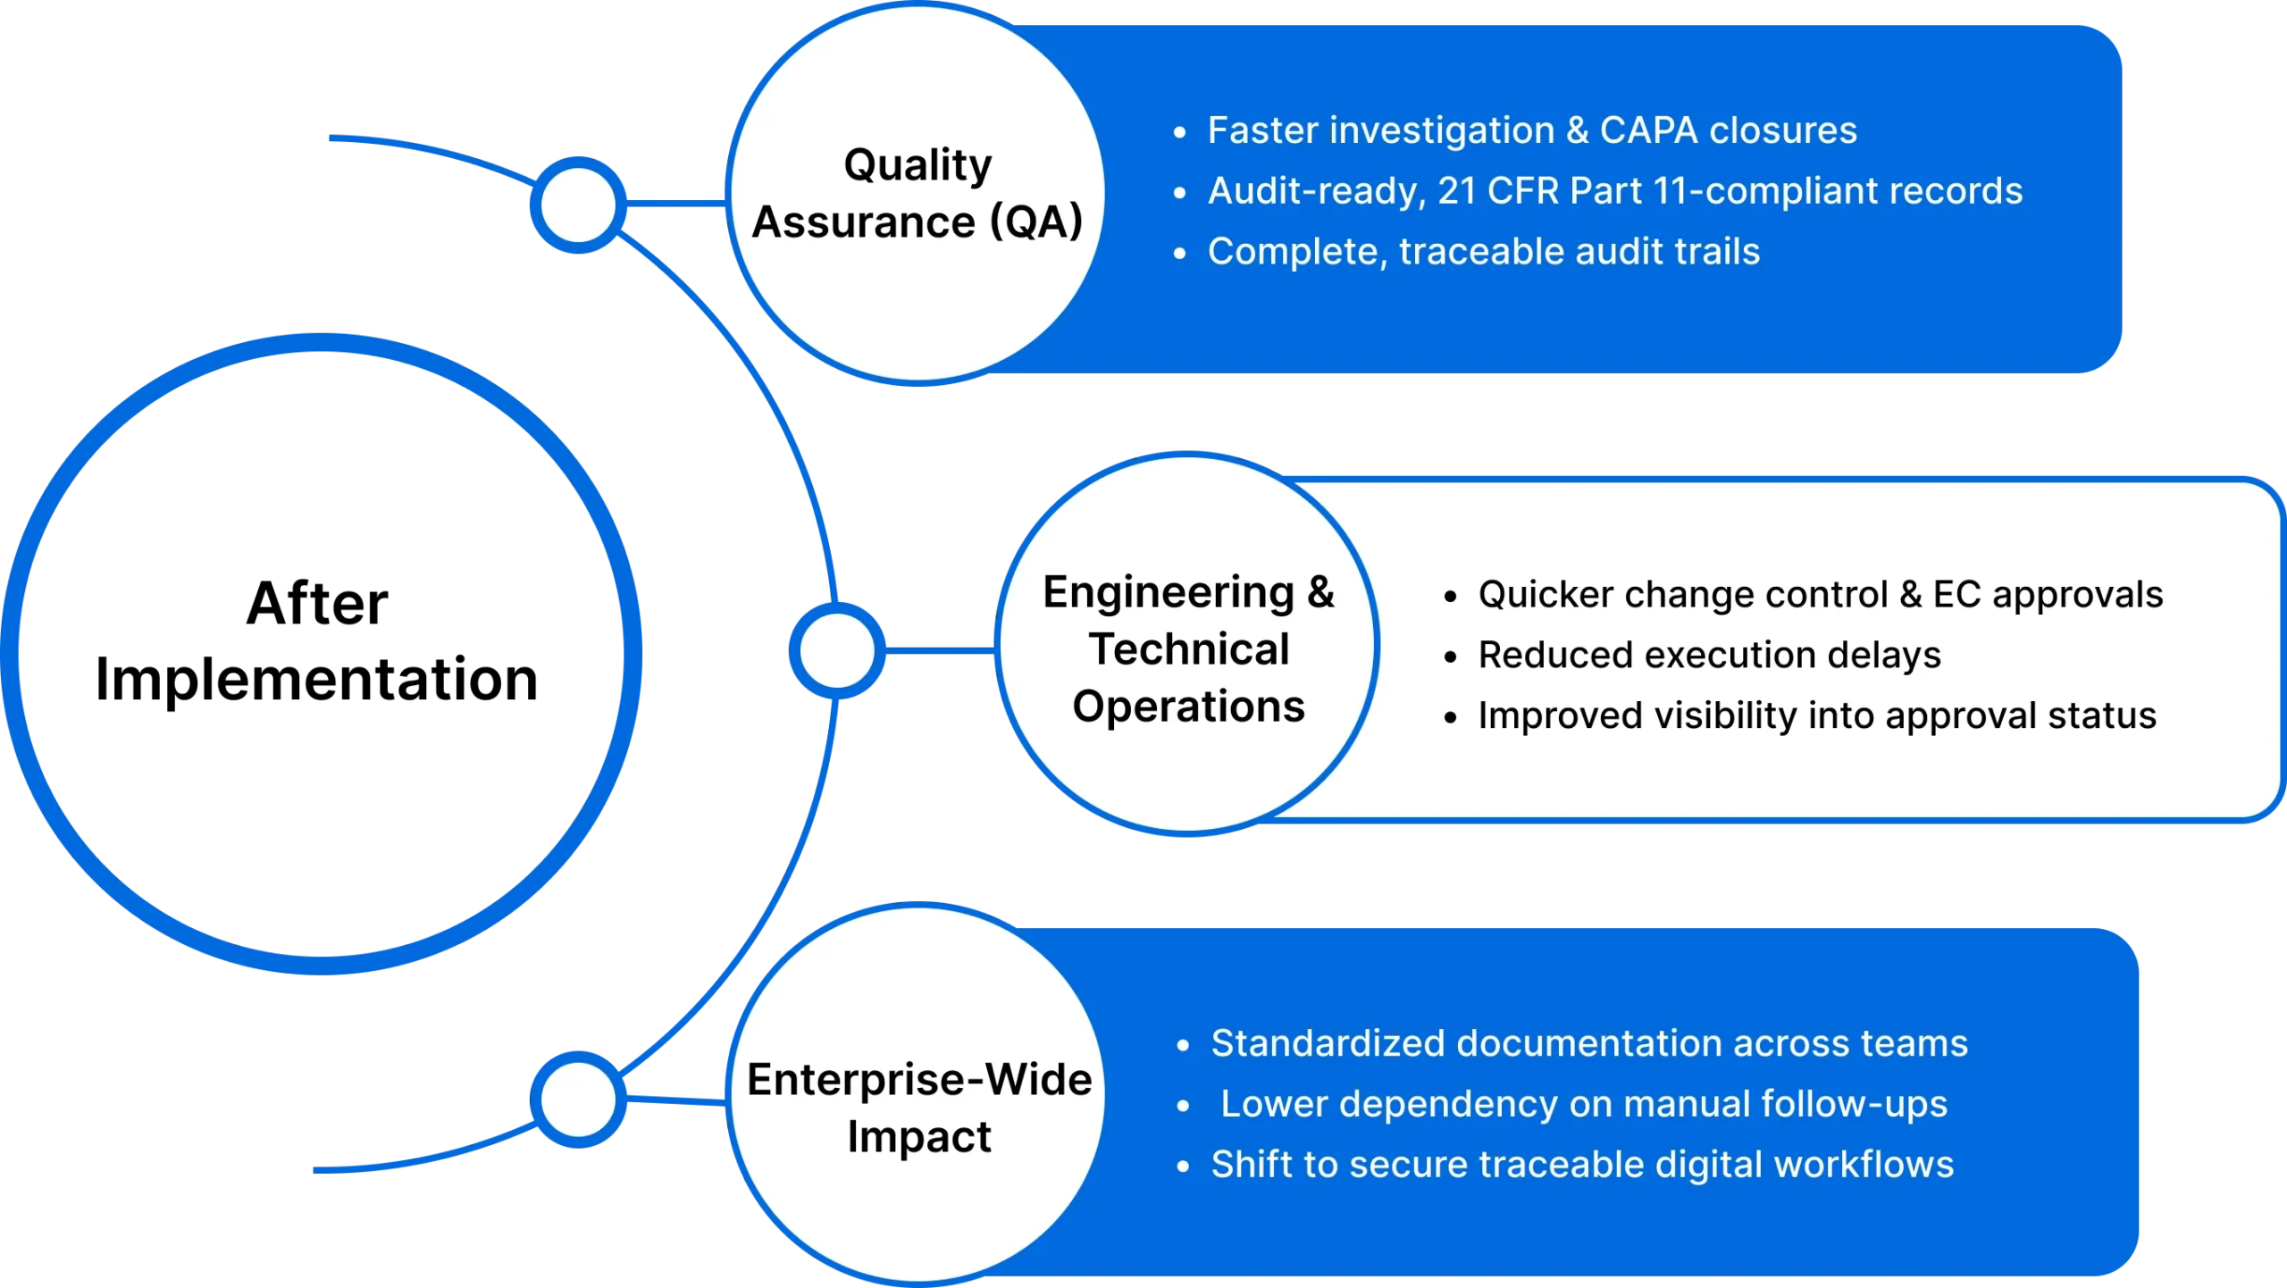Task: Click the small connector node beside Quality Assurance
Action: click(x=579, y=205)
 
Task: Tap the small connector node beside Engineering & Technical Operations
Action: click(x=837, y=650)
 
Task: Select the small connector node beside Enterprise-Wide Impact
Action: click(x=579, y=1099)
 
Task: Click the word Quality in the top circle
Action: click(x=917, y=166)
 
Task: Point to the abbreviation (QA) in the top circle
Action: click(x=1035, y=222)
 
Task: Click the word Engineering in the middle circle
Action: click(x=1169, y=592)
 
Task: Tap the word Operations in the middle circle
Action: click(x=1188, y=707)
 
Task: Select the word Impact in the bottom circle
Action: click(x=918, y=1137)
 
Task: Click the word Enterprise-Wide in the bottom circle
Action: click(x=919, y=1080)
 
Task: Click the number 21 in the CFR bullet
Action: click(x=1457, y=191)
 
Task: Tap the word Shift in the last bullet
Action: click(x=1249, y=1165)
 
